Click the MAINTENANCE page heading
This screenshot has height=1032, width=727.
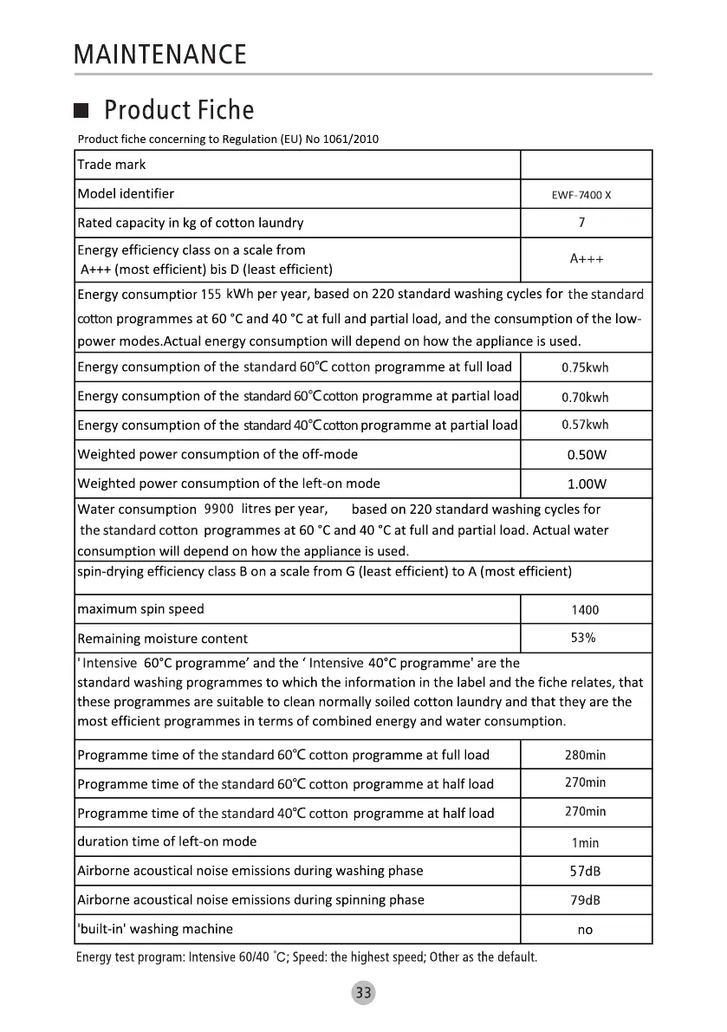(x=160, y=55)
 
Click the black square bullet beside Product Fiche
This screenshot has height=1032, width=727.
(x=81, y=112)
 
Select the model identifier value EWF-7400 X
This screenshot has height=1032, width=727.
(x=581, y=195)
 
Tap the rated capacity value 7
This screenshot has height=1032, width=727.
(x=581, y=223)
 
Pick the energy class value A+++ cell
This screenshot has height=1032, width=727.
(x=587, y=259)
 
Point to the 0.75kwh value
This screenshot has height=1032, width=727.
(x=585, y=367)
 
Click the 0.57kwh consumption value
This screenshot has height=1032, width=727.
(x=585, y=425)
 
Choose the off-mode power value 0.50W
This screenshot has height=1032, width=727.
(x=587, y=455)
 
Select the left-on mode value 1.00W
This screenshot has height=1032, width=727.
(x=587, y=484)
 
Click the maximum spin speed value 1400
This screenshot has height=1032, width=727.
(x=585, y=610)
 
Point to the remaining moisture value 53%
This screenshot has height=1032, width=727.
(x=582, y=639)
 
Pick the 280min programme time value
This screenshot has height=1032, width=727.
(x=585, y=755)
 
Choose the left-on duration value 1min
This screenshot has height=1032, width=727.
(x=585, y=842)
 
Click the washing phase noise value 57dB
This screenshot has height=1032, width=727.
(x=585, y=871)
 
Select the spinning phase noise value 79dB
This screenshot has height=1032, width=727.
(x=585, y=900)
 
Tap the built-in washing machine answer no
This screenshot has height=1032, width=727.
(x=585, y=930)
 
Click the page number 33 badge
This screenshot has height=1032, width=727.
(x=363, y=993)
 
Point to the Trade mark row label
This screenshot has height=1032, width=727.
(x=112, y=165)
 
